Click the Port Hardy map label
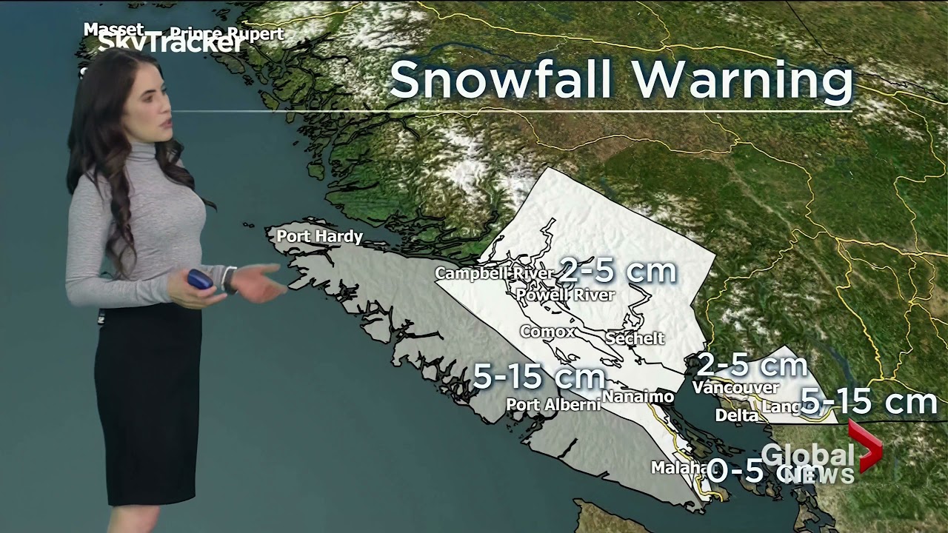tap(319, 237)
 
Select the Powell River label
tap(566, 295)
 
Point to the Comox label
tap(547, 332)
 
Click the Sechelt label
tap(635, 338)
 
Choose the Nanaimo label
tap(637, 397)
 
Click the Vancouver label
tap(735, 387)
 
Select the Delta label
tap(736, 415)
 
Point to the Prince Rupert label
tap(227, 33)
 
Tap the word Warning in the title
tap(752, 80)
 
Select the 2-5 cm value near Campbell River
tap(618, 271)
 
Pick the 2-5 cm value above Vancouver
tap(752, 365)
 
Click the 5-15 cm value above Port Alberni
tap(538, 378)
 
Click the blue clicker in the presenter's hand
tap(199, 279)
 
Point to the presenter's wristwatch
tap(230, 279)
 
